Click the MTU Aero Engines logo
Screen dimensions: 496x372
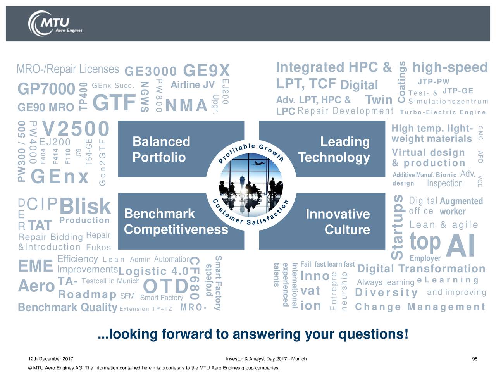[x=55, y=24]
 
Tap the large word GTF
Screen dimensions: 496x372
[x=114, y=102]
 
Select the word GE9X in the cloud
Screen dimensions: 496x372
[x=206, y=71]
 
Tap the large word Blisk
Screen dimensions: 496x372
[x=85, y=206]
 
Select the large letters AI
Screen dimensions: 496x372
[x=460, y=245]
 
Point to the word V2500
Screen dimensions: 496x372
[x=76, y=129]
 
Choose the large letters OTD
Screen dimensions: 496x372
[x=165, y=286]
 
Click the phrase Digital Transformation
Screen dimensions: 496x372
[x=421, y=269]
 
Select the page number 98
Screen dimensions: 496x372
[x=475, y=359]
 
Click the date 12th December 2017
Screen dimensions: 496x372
[x=51, y=359]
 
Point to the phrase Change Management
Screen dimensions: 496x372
[x=420, y=307]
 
